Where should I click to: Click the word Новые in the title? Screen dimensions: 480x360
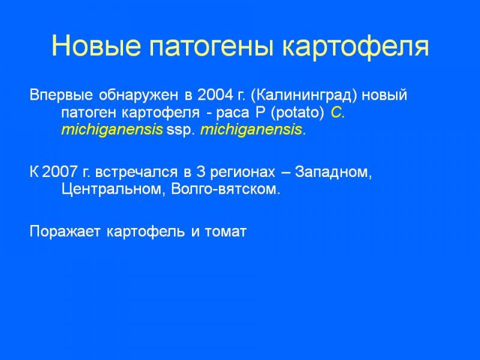coord(96,46)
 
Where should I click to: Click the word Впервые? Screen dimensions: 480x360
coord(61,95)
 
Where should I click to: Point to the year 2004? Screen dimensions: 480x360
coord(215,95)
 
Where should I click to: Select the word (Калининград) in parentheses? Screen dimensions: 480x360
coord(304,96)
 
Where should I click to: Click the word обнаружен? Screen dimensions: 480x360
coord(138,96)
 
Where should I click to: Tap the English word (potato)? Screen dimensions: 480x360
coord(297,113)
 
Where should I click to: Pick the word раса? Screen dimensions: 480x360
coord(233,113)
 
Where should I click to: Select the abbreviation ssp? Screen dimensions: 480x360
coord(181,131)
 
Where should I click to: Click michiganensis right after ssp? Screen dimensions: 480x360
coord(251,130)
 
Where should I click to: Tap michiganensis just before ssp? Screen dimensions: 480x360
coord(112,130)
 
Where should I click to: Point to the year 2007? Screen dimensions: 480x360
coord(59,172)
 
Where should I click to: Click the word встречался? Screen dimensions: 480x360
coord(136,172)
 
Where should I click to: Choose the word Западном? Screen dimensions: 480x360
coord(334,172)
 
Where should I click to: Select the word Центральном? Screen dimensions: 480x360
coord(111,189)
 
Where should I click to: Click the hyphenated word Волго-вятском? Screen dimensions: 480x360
coord(226,190)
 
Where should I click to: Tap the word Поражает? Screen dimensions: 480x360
coord(65,232)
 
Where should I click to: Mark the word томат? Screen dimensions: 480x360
coord(226,232)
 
